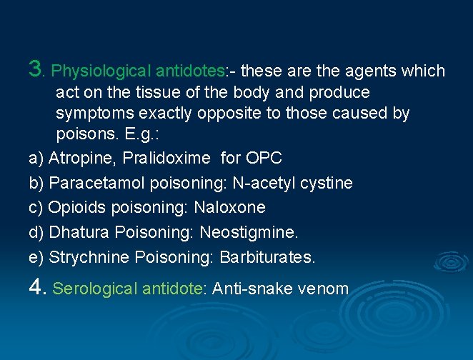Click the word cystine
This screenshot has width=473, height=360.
(325, 183)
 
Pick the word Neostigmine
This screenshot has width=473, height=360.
(249, 232)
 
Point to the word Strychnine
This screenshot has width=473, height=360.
(89, 257)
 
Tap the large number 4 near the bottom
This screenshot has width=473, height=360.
(37, 287)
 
